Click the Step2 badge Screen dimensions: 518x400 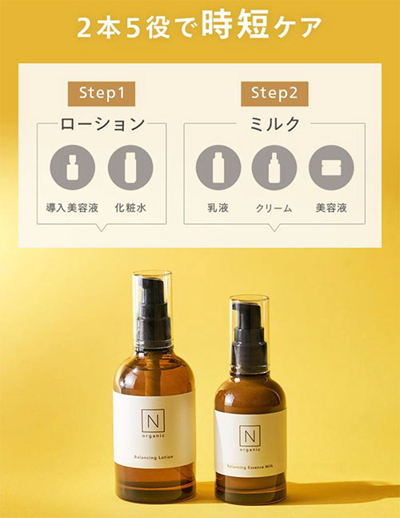pyautogui.click(x=274, y=92)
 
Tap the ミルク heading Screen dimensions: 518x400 pyautogui.click(x=275, y=124)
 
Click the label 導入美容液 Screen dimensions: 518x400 pyautogui.click(x=73, y=208)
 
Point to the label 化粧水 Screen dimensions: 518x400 pyautogui.click(x=130, y=208)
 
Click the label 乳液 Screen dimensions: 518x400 pyautogui.click(x=218, y=208)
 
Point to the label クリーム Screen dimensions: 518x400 pyautogui.click(x=274, y=208)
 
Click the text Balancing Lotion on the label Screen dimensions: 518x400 pyautogui.click(x=154, y=458)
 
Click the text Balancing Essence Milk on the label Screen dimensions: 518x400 pyautogui.click(x=251, y=467)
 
